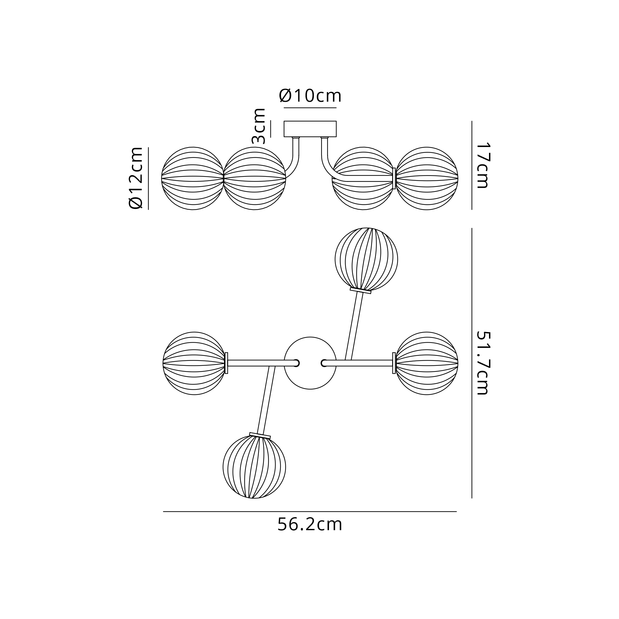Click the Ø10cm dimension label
310,95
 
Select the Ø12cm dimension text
136,178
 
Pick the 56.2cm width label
310,525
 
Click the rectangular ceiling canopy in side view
310,129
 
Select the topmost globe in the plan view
366,259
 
